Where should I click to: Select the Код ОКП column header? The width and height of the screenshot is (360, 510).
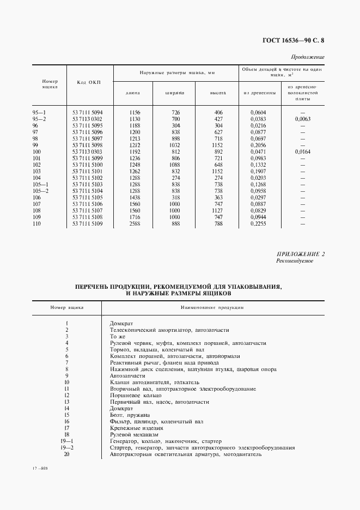89,82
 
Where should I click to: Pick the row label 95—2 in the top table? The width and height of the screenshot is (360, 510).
40,118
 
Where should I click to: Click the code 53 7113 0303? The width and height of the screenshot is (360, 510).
88,151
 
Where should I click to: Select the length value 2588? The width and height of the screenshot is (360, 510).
134,223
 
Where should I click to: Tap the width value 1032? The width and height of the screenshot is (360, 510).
174,145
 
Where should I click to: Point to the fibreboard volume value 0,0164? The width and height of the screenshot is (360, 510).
302,151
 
